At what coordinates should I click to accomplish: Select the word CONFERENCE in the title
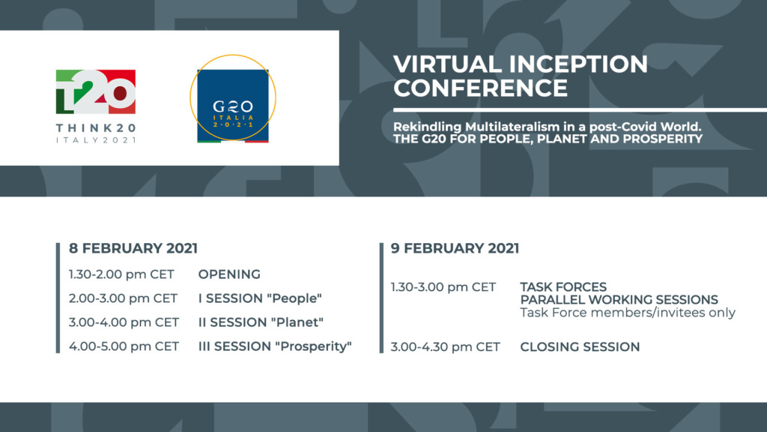pos(480,88)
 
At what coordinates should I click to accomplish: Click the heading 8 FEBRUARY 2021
pos(133,248)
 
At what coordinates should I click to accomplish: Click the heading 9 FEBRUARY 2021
pos(455,248)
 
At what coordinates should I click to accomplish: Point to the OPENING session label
pos(229,274)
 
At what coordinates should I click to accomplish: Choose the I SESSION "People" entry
pos(260,298)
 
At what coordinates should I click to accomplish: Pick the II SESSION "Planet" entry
pos(261,322)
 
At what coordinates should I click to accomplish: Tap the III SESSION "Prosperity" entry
pos(275,346)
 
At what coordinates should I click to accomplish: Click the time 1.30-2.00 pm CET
pos(121,274)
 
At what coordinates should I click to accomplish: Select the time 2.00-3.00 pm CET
pos(123,298)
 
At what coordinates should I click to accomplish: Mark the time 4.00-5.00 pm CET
pos(124,346)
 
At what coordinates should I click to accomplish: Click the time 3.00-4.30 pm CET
pos(445,346)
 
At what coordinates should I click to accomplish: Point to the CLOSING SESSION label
pos(580,346)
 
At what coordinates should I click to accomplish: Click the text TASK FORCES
pos(563,287)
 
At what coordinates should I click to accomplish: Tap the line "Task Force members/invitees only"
pos(628,313)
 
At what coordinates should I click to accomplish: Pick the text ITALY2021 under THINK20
pos(96,140)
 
